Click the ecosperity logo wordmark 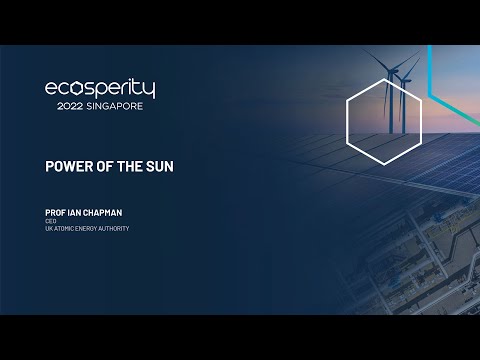click(x=100, y=89)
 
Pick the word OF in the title click(x=98, y=165)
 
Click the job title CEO click(x=49, y=221)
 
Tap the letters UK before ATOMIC click(x=48, y=229)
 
